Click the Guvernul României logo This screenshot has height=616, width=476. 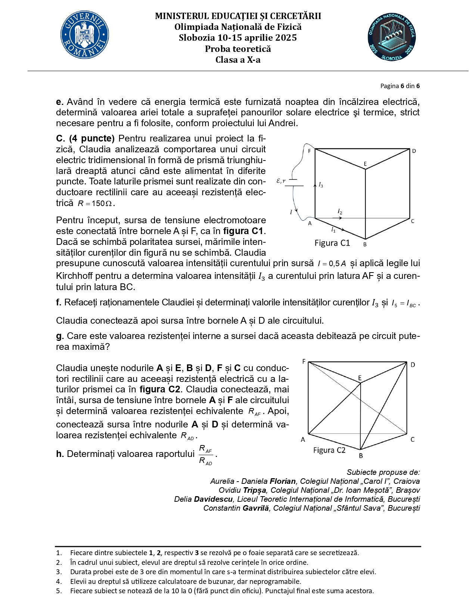click(x=85, y=35)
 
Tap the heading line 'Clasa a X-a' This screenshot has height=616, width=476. click(x=238, y=60)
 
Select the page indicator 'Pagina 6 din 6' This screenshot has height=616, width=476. click(x=400, y=86)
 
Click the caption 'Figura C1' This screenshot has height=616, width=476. click(x=332, y=243)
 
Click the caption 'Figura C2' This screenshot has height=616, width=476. click(x=329, y=450)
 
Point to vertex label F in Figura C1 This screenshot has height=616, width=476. click(x=309, y=151)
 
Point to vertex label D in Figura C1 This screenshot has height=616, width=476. click(x=414, y=151)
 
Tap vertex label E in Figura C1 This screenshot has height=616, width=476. click(x=365, y=164)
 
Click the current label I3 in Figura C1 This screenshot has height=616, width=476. click(x=321, y=185)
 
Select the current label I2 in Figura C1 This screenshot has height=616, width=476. click(x=340, y=212)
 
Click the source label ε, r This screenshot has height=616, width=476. click(x=281, y=181)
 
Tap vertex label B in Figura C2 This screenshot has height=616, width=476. click(x=361, y=455)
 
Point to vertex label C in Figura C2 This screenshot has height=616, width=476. click(x=413, y=439)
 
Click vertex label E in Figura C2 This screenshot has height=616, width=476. click(x=360, y=378)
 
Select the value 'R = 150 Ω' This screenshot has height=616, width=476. click(x=96, y=204)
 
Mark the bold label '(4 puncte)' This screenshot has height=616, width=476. click(x=92, y=139)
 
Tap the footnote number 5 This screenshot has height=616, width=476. click(x=59, y=591)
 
